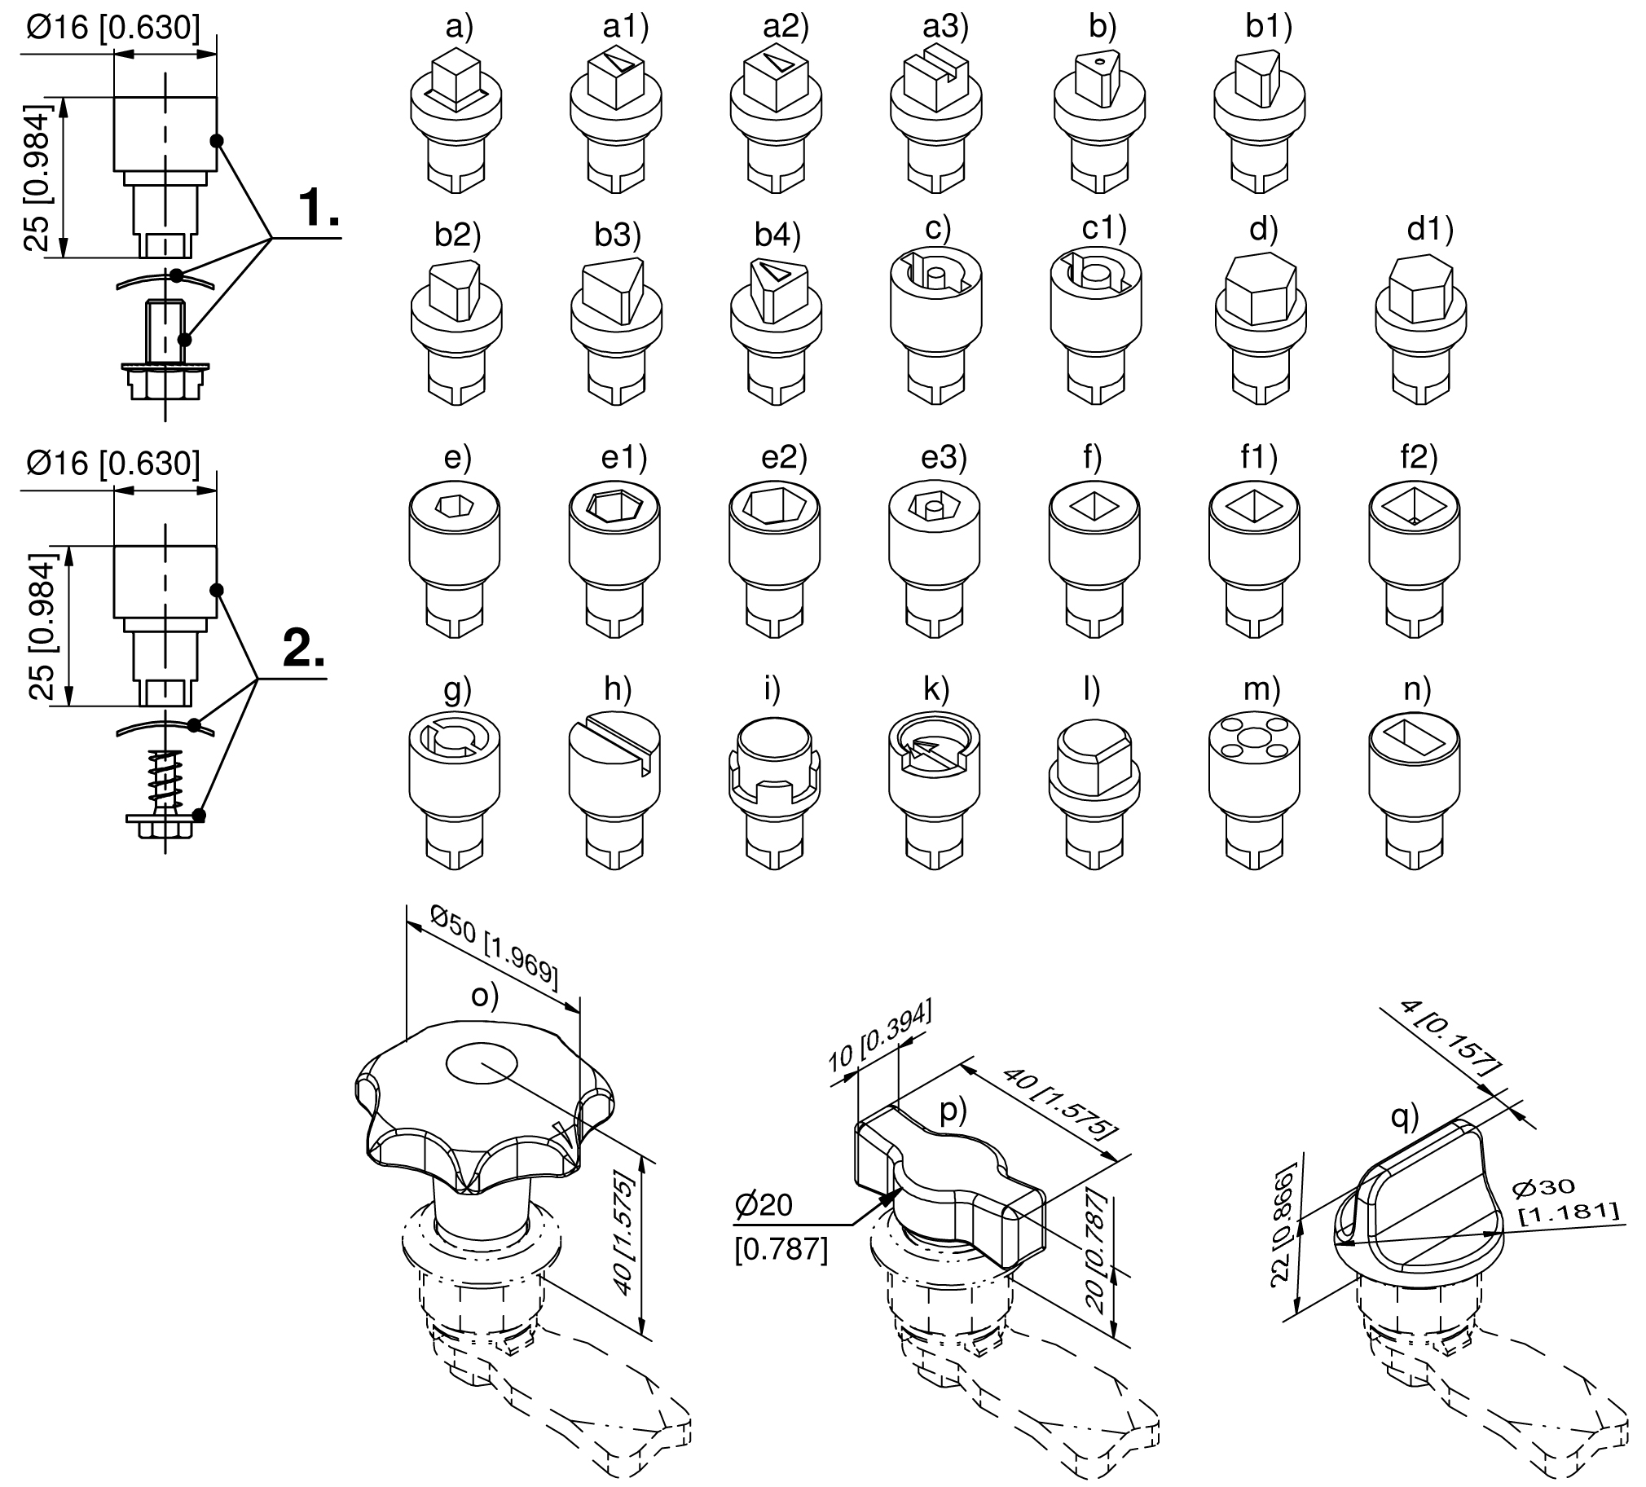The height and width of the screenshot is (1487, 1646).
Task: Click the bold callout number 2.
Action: point(305,649)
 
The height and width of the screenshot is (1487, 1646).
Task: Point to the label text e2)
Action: point(785,457)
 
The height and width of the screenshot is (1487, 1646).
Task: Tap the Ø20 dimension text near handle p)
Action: point(764,1204)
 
